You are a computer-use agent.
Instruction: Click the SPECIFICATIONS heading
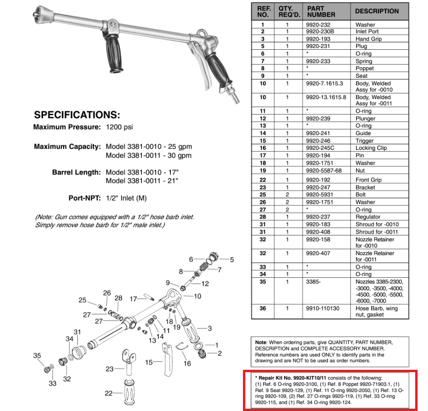click(77, 115)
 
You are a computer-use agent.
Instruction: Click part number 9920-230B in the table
click(321, 31)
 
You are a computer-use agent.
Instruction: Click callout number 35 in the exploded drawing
click(37, 356)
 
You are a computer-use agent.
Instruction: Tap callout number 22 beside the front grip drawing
click(108, 393)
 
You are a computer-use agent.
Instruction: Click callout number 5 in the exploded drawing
click(232, 259)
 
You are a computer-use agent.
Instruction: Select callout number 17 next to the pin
click(134, 299)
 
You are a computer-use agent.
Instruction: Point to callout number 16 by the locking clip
click(187, 364)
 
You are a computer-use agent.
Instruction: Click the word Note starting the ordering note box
click(261, 341)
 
